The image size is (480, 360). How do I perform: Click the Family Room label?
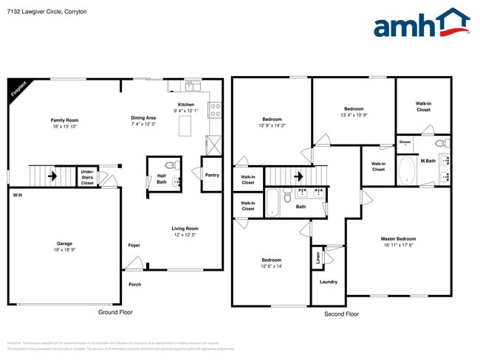tap(64, 120)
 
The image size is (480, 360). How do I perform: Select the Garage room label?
tap(64, 243)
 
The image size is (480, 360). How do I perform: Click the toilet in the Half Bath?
tap(171, 165)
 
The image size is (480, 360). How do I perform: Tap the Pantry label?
tap(211, 174)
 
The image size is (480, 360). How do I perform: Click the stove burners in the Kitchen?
tap(215, 110)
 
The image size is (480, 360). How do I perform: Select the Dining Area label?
tap(143, 117)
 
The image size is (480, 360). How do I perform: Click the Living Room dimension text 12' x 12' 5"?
tap(185, 235)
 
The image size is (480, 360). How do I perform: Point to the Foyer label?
tap(134, 245)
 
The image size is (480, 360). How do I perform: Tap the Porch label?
tap(134, 284)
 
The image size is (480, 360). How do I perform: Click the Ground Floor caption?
tap(115, 313)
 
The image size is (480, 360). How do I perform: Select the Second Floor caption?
tap(341, 314)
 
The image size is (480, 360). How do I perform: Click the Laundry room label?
tap(329, 281)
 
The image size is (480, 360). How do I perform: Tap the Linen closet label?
tap(318, 257)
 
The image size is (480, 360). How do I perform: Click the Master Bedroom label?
tap(398, 238)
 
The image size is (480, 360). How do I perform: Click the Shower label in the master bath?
tap(405, 142)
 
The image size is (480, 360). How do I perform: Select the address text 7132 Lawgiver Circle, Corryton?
tap(46, 11)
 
